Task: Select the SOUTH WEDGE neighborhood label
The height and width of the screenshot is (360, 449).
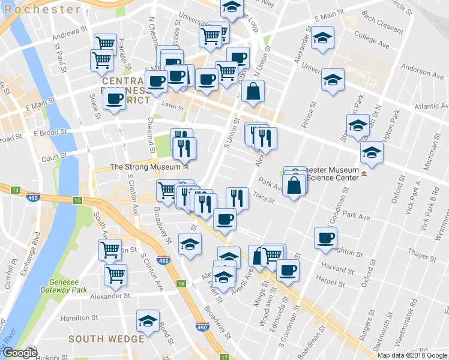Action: click(x=106, y=339)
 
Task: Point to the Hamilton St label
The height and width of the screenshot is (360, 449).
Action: click(x=79, y=317)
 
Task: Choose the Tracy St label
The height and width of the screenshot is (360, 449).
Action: click(x=263, y=196)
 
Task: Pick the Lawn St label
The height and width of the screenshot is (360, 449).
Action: click(x=172, y=106)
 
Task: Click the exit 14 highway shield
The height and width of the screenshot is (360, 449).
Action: click(x=16, y=190)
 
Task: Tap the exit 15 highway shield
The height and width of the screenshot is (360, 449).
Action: click(x=77, y=200)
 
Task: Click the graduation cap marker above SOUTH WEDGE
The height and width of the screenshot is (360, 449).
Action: click(x=148, y=321)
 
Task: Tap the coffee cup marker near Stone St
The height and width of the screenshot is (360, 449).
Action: click(x=114, y=99)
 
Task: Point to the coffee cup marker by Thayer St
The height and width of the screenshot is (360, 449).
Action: click(x=325, y=237)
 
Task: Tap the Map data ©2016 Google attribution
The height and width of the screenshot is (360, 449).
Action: click(x=412, y=355)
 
